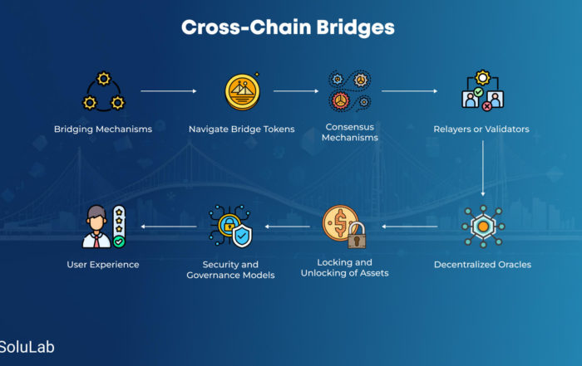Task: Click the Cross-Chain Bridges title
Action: pyautogui.click(x=288, y=27)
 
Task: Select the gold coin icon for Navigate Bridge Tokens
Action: pyautogui.click(x=243, y=91)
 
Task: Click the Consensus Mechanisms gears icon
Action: pyautogui.click(x=350, y=90)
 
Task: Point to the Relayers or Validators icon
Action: pyautogui.click(x=482, y=90)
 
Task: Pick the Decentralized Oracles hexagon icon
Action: pyautogui.click(x=483, y=227)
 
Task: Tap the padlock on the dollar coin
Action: pyautogui.click(x=357, y=236)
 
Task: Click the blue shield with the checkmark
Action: pyautogui.click(x=242, y=236)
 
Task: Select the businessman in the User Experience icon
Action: pyautogui.click(x=96, y=227)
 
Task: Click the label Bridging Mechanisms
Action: pyautogui.click(x=103, y=129)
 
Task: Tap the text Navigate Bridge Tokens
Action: pyautogui.click(x=242, y=129)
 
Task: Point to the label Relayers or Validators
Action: pyautogui.click(x=481, y=129)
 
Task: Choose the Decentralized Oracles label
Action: pyautogui.click(x=482, y=265)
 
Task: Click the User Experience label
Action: pyautogui.click(x=103, y=265)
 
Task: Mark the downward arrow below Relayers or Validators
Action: pyautogui.click(x=483, y=168)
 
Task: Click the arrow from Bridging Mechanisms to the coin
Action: pyautogui.click(x=169, y=90)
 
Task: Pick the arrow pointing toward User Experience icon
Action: pyautogui.click(x=169, y=227)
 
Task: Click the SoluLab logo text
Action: pyautogui.click(x=27, y=347)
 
